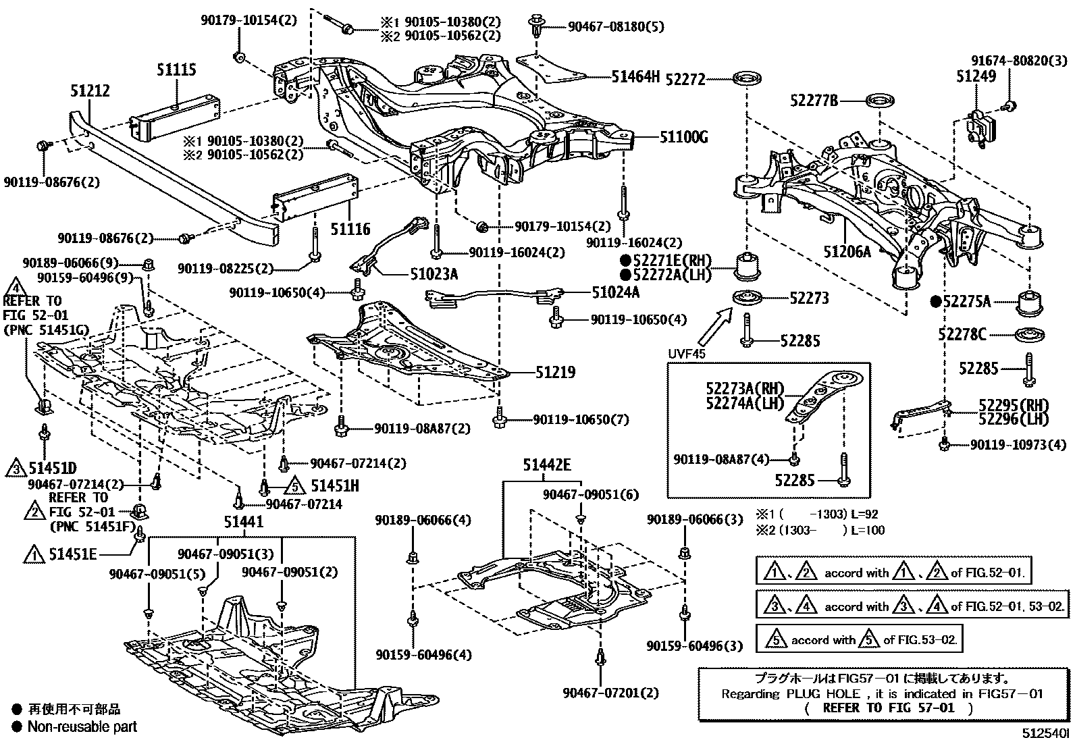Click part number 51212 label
click(x=90, y=91)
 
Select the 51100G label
click(x=683, y=138)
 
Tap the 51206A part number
click(x=847, y=253)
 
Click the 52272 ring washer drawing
click(x=747, y=78)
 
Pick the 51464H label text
click(x=635, y=77)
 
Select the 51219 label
click(x=556, y=372)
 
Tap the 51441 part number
click(x=244, y=522)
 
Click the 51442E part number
click(x=546, y=465)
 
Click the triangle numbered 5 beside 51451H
click(x=293, y=485)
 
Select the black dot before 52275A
click(x=937, y=302)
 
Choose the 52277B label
click(x=814, y=101)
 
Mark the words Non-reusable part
click(x=82, y=727)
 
